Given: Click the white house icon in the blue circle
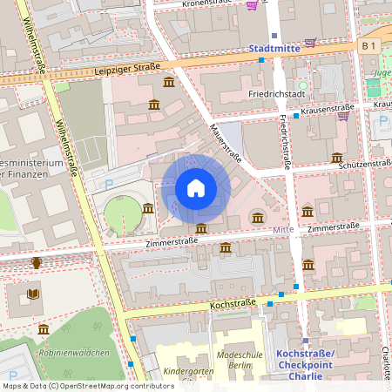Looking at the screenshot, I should [196, 187].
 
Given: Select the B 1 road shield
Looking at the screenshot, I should [368, 44].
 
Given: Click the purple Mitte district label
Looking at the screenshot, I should [284, 229].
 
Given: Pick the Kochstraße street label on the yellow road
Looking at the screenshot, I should [233, 303].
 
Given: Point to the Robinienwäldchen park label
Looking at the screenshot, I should [74, 353].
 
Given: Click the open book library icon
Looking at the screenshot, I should [33, 294].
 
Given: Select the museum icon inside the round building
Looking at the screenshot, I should [148, 208].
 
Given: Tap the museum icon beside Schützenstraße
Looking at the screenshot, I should [336, 158].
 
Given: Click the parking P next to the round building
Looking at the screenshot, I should [109, 185].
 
